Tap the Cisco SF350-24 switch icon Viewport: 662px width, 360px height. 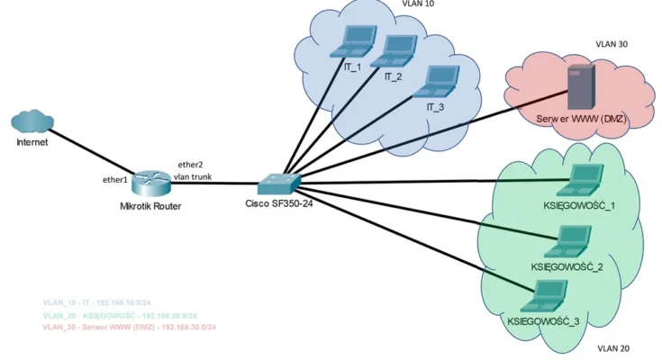[277, 183]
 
